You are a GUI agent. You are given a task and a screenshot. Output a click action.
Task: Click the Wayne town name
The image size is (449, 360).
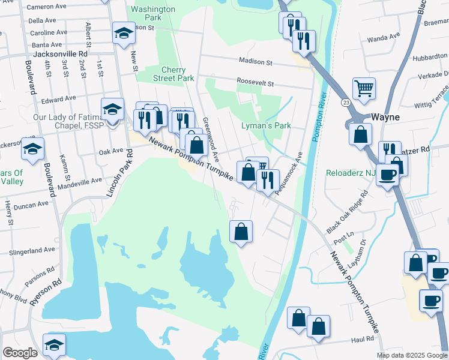coord(385,117)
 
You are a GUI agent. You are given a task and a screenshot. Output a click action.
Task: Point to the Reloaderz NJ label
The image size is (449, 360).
coord(350,173)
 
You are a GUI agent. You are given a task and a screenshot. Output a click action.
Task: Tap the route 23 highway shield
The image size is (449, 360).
coord(346,103)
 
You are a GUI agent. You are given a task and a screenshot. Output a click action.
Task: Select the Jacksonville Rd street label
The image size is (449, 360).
coord(61,53)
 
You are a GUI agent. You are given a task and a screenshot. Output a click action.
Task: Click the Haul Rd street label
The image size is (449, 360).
coord(363,340)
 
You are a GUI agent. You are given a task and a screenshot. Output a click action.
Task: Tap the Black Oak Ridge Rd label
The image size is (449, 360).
coord(348,214)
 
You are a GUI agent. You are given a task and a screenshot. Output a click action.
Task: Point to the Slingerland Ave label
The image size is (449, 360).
coord(32,250)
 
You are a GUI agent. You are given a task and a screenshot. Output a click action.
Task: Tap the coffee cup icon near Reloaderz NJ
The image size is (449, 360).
coord(387,175)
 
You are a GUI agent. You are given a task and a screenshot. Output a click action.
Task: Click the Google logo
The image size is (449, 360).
coord(20,353)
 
